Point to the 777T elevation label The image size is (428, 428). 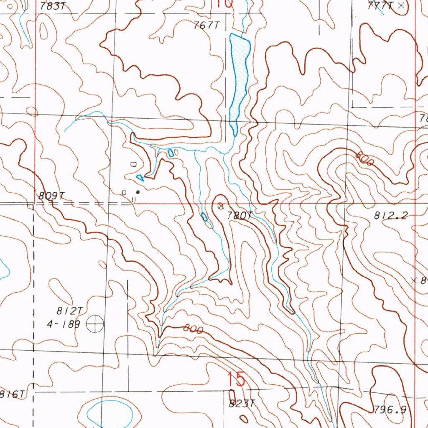pyautogui.click(x=380, y=6)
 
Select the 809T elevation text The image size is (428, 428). pyautogui.click(x=52, y=196)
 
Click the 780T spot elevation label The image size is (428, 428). pyautogui.click(x=240, y=216)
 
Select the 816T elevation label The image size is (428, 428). pyautogui.click(x=12, y=394)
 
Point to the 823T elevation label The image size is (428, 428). pyautogui.click(x=242, y=404)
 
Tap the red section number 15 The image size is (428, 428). pyautogui.click(x=236, y=380)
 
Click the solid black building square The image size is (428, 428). pyautogui.click(x=138, y=192)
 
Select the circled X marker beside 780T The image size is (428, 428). pyautogui.click(x=221, y=206)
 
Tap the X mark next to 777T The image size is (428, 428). pyautogui.click(x=401, y=5)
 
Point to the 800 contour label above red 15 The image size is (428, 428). pyautogui.click(x=193, y=330)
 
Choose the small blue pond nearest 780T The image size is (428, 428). pyautogui.click(x=204, y=217)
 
